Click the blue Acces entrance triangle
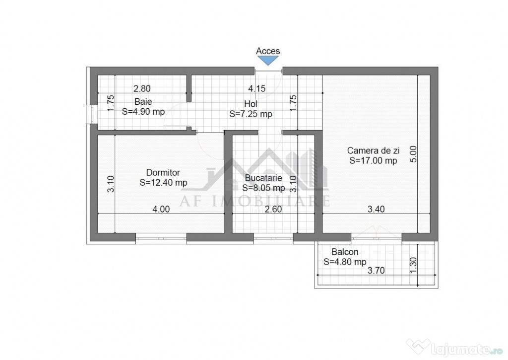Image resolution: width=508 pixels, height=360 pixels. point(268,60)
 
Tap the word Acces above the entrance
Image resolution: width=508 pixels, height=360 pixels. point(268,51)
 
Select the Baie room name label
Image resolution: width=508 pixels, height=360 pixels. point(143,101)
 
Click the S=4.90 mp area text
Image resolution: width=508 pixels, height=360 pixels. point(143,112)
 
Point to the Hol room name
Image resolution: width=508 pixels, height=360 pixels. point(251,104)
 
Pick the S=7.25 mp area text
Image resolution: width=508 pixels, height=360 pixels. point(251,114)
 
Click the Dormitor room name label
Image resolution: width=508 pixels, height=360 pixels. point(163,172)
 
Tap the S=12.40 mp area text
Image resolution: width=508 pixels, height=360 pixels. point(163,183)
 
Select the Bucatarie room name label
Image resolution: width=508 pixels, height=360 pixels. point(263,178)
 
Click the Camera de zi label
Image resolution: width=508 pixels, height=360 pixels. point(373,150)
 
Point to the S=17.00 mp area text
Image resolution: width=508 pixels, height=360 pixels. point(373,160)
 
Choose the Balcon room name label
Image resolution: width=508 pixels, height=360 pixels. point(345,252)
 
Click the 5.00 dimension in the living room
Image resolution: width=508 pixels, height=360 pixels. point(413,154)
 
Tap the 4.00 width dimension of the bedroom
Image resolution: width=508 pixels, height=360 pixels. point(161,209)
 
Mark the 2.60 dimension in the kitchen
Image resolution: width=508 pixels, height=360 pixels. point(273,209)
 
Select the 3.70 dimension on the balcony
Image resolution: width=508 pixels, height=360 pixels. point(376,270)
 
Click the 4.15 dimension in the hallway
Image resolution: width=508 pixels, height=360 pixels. point(257,88)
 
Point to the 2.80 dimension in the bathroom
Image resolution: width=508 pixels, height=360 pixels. point(142,88)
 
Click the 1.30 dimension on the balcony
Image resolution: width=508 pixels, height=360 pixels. point(413,265)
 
